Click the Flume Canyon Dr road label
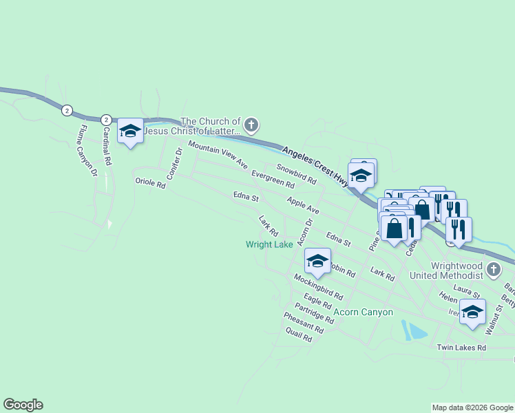[87, 150]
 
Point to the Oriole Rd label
[151, 184]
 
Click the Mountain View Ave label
[218, 154]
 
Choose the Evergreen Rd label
[273, 180]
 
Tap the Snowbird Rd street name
[296, 173]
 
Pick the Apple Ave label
[304, 205]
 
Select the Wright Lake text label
[270, 244]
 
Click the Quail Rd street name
[299, 335]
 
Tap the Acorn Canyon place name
[363, 312]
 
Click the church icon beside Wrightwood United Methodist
[493, 269]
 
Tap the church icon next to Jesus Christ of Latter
[251, 125]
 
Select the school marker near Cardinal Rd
[129, 131]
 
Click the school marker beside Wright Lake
[317, 260]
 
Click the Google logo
[23, 405]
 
